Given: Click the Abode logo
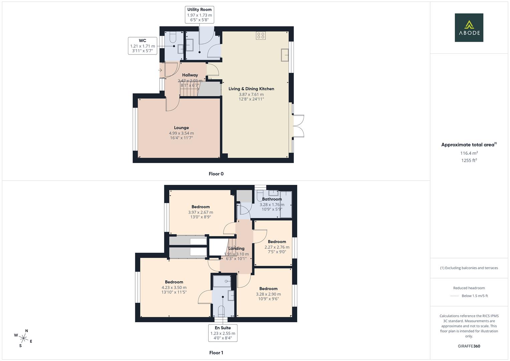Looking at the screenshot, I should (x=469, y=27).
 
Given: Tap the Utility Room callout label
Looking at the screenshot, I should (x=199, y=15).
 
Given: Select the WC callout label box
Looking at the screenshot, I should (x=143, y=46).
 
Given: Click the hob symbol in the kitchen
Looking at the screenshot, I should (x=261, y=35).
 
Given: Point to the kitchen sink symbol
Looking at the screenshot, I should (x=285, y=55).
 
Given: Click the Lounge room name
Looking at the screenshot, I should (x=181, y=128).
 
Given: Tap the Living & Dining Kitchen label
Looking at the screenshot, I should (x=251, y=89).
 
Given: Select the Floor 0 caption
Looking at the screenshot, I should (x=216, y=174).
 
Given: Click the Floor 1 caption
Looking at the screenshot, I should (x=216, y=353).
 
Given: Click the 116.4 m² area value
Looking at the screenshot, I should (x=469, y=153).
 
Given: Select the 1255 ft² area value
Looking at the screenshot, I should (x=469, y=160).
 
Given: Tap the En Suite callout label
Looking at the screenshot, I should (x=223, y=333).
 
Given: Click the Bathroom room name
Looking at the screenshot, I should (x=272, y=199).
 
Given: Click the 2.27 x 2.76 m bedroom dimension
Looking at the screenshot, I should (x=277, y=247).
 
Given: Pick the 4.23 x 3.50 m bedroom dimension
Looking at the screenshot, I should (x=174, y=287).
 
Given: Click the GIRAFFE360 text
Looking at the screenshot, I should (x=469, y=346).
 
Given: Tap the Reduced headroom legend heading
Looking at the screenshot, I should (x=469, y=288).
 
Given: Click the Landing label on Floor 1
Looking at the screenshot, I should (x=236, y=249).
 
